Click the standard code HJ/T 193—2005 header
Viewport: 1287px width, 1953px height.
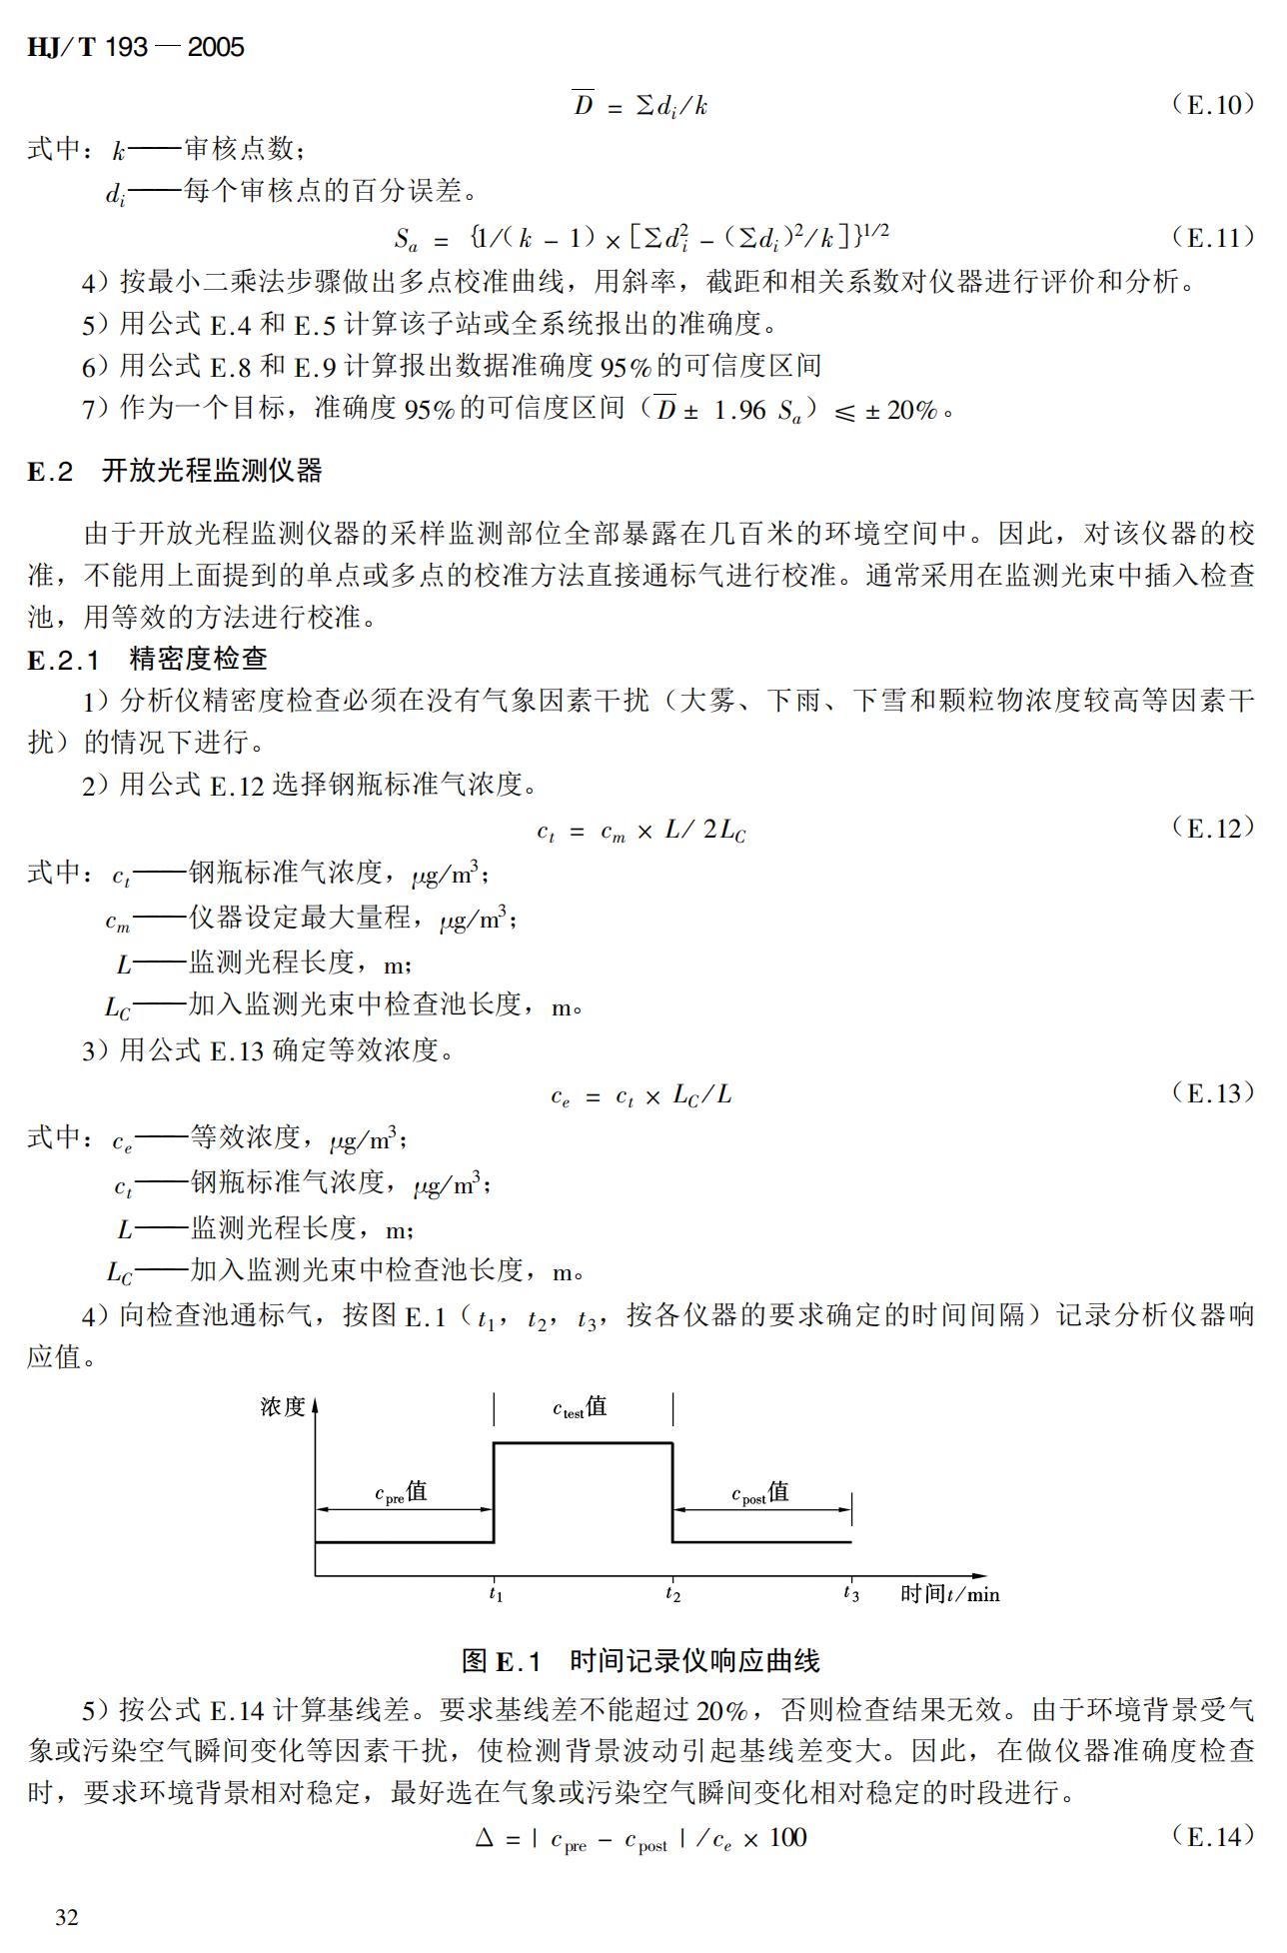136,47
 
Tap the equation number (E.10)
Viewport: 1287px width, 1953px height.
1213,105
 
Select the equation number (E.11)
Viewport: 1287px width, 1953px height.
1213,238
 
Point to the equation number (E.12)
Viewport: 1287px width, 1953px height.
1213,828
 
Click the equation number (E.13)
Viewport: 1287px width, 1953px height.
1213,1092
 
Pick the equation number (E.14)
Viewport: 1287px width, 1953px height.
1213,1836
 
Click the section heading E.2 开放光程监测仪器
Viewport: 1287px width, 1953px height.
175,471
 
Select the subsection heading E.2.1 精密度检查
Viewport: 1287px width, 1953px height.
148,659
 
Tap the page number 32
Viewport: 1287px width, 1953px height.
67,1917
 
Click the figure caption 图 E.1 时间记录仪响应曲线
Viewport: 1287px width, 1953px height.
641,1661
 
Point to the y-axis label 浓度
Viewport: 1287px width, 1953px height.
282,1407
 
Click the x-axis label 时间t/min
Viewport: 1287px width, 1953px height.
949,1593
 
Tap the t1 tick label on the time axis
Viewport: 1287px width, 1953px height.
496,1594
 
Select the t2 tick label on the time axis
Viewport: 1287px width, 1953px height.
672,1594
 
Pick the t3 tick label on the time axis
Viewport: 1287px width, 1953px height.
850,1594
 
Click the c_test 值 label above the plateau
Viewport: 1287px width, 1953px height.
580,1408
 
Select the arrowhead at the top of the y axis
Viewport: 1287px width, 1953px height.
316,1405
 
